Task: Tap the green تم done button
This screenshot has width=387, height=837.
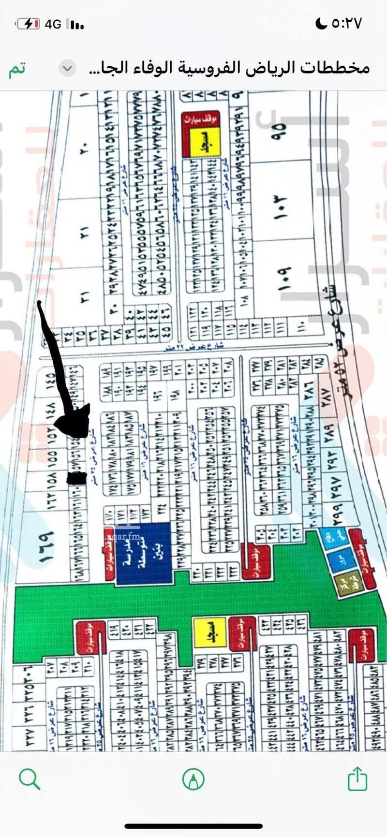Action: click(16, 69)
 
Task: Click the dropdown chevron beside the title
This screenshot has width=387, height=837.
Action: click(68, 69)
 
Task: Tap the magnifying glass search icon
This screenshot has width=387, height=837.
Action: click(29, 779)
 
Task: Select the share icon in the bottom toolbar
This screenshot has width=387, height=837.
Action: click(357, 779)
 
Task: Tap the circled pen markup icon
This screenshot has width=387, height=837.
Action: click(193, 779)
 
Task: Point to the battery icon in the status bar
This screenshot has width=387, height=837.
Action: click(28, 24)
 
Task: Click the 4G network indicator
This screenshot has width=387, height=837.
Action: click(53, 24)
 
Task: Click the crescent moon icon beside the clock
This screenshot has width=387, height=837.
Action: click(321, 23)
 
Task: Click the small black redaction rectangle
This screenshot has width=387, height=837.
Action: click(76, 478)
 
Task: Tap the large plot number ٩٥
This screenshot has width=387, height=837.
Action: click(279, 131)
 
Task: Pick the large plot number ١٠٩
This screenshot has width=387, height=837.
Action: click(283, 279)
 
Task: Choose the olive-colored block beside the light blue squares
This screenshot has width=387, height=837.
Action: click(345, 584)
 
